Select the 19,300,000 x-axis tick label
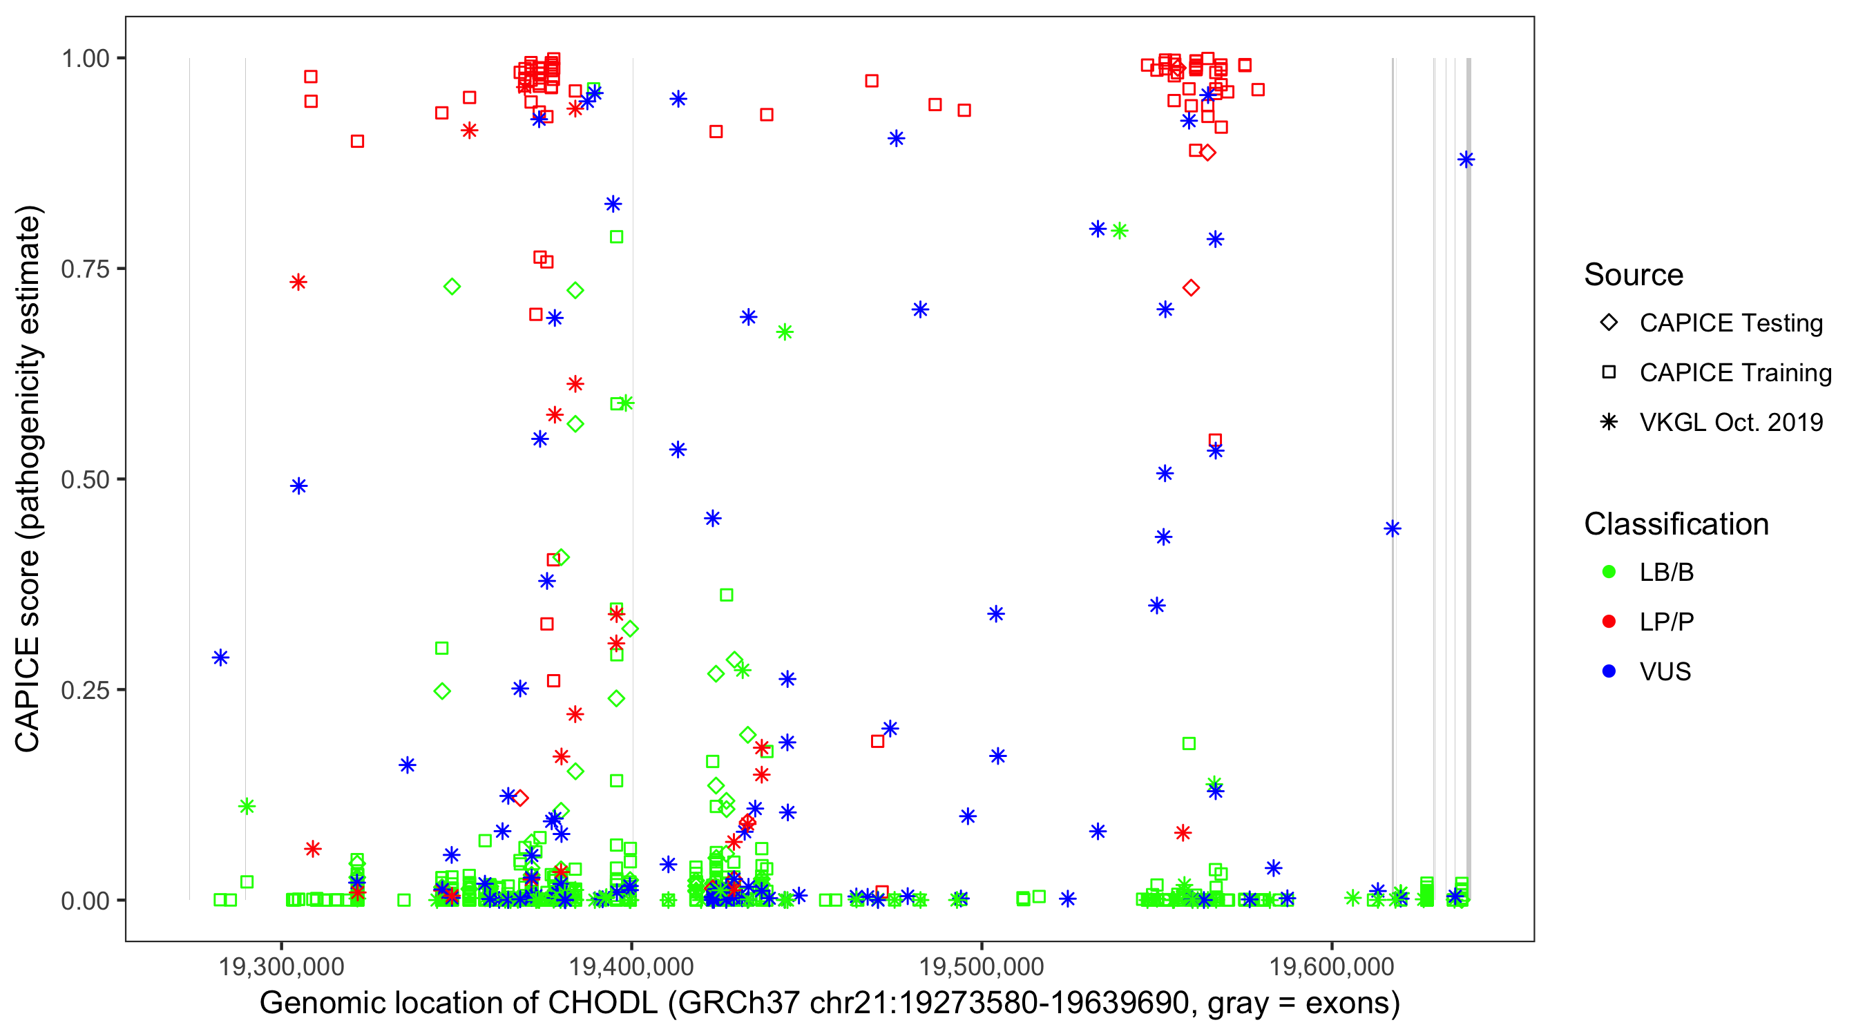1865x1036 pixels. click(x=281, y=966)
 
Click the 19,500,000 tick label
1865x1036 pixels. click(x=981, y=966)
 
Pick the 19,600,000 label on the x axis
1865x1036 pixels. click(x=1332, y=966)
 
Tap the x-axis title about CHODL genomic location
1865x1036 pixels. click(x=830, y=1004)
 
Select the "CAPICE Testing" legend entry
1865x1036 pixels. click(x=1730, y=323)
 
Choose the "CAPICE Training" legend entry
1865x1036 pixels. click(x=1734, y=373)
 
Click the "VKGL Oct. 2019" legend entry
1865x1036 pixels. click(x=1730, y=422)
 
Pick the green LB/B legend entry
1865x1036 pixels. click(x=1666, y=573)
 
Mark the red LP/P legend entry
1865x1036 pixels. click(x=1666, y=622)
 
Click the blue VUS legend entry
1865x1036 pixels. click(x=1665, y=672)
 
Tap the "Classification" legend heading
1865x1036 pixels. click(x=1676, y=524)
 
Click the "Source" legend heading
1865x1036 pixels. click(x=1634, y=275)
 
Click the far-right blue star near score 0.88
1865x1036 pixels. click(x=1466, y=160)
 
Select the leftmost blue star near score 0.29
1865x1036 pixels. click(x=221, y=658)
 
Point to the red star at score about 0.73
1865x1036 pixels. click(x=298, y=282)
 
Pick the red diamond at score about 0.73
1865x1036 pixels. click(x=1191, y=288)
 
